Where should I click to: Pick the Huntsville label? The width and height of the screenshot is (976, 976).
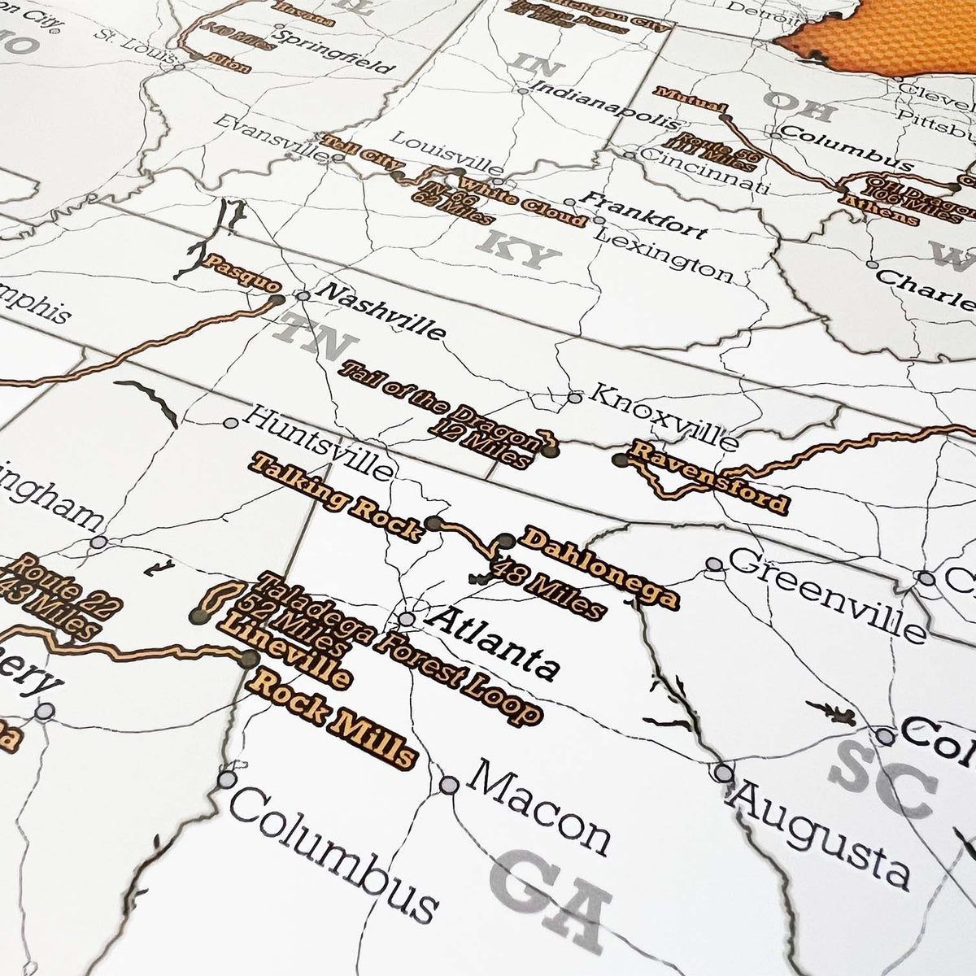(x=318, y=443)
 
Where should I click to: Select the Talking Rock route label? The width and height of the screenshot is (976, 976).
(x=338, y=496)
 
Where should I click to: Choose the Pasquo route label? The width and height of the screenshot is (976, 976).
(x=243, y=274)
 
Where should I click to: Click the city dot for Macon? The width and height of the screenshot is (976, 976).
(x=449, y=784)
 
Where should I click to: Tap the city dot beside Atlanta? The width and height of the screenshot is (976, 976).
(x=407, y=619)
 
